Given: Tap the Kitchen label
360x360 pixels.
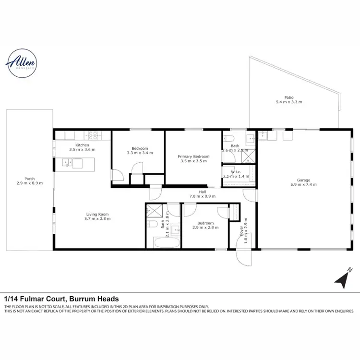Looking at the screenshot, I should coord(82,145).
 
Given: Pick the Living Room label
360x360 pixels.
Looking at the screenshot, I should coord(98,214).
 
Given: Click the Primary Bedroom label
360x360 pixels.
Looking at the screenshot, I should coord(193,157).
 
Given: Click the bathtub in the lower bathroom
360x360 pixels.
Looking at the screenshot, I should coord(167,241).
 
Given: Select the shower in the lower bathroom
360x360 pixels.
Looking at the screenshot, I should coord(154,210).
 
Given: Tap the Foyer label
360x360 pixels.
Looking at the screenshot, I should coord(241,231).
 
